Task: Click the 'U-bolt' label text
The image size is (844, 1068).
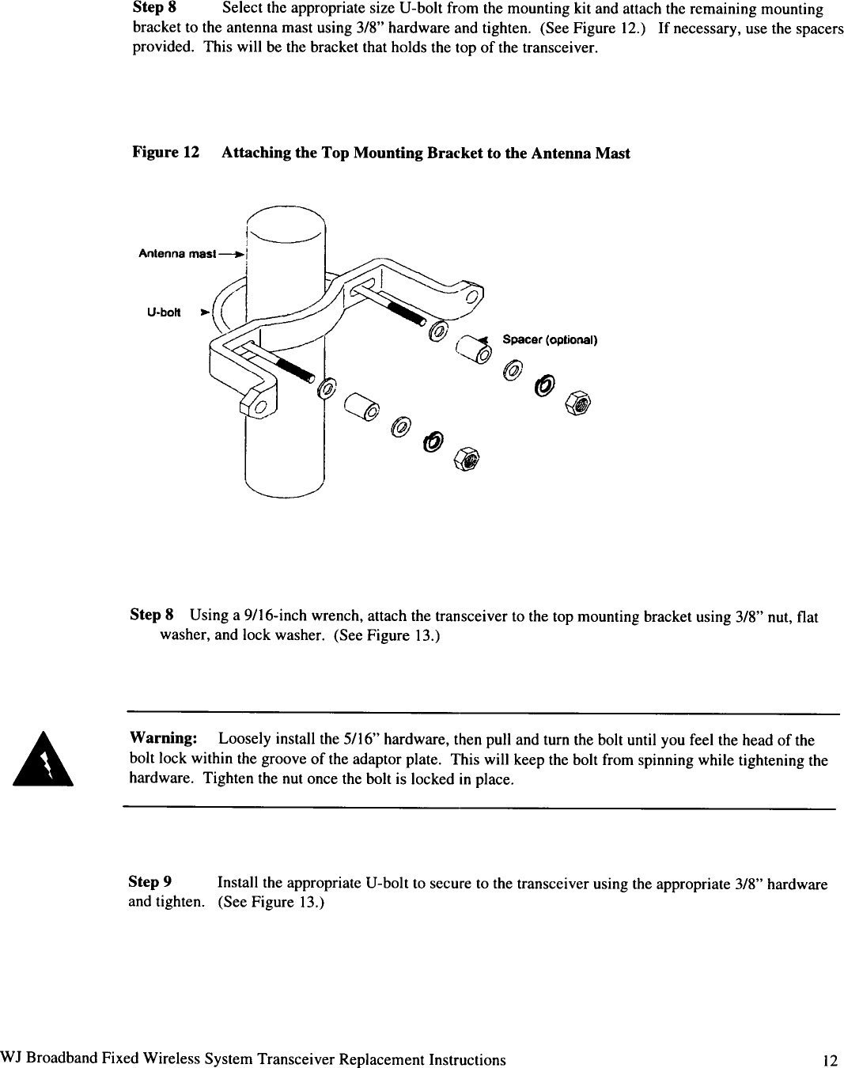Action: click(x=164, y=312)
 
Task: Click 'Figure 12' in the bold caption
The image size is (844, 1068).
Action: click(x=165, y=153)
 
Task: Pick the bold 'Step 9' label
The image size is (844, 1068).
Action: click(x=150, y=883)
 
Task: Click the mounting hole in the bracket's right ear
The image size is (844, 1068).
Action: click(x=472, y=297)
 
